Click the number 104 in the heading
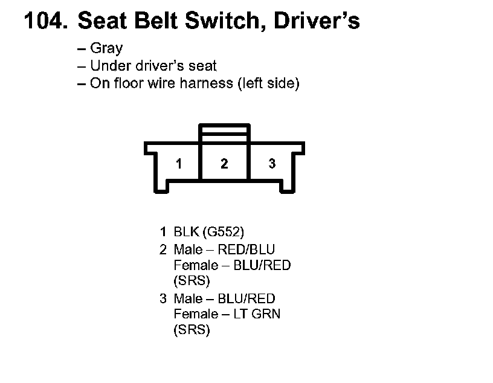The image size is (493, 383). pos(43,22)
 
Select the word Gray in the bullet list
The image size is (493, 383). pos(106,49)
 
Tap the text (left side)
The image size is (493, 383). pos(269,83)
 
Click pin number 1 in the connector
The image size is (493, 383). pos(179,164)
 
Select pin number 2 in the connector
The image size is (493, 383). pos(224,164)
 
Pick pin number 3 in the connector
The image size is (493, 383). pos(272,164)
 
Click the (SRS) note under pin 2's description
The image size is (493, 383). pos(192,281)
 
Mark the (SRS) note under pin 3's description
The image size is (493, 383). pos(192,330)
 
